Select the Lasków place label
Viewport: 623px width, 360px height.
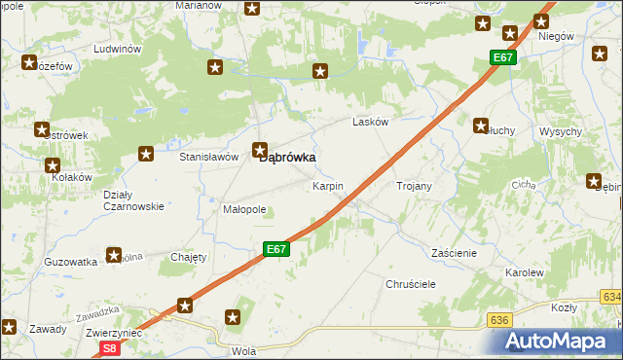(370, 123)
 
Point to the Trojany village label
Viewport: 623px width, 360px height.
(414, 185)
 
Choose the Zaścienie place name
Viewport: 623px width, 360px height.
(453, 253)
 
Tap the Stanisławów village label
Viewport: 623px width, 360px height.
(209, 156)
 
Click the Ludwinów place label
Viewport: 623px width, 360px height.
(118, 49)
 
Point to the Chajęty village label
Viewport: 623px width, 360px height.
(189, 257)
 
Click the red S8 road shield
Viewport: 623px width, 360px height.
(110, 347)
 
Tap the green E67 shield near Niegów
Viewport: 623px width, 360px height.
(502, 58)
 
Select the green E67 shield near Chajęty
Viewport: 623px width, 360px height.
(276, 250)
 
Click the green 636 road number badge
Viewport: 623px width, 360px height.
(500, 319)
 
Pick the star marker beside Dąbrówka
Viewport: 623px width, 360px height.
(260, 150)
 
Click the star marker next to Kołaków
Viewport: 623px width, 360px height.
(51, 164)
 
